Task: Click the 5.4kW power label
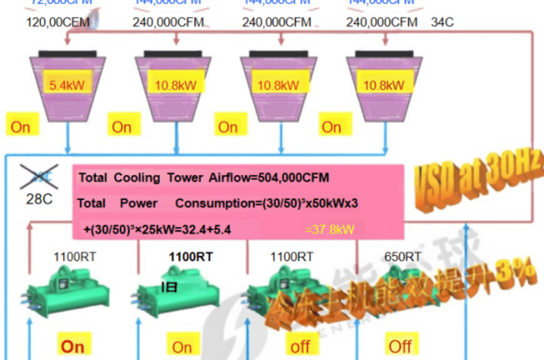pos(67,85)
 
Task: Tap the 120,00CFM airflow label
pos(58,22)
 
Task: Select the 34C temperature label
pos(442,22)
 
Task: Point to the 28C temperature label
pos(39,199)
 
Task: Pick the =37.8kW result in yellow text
pos(329,229)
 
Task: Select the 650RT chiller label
pos(403,256)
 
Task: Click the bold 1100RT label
pos(191,256)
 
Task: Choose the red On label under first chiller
pos(72,346)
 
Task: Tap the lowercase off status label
pos(300,347)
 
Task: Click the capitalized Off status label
pos(400,347)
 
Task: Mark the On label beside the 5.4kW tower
pos(20,127)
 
